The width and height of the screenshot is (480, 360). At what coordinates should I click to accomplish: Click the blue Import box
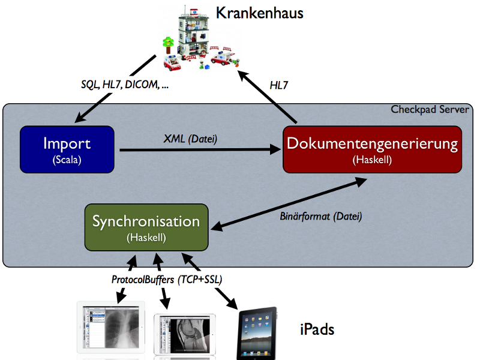coord(67,149)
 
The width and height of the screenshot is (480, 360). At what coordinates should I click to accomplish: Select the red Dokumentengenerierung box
coord(372,149)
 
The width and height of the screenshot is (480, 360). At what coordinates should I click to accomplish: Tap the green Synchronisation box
coord(146,227)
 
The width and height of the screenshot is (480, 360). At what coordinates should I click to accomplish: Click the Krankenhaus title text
coord(259,13)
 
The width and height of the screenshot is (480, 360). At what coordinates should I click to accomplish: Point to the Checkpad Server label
coord(430,110)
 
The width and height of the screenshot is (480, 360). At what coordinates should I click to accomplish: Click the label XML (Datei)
coord(190,139)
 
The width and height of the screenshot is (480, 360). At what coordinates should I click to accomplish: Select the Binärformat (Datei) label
coord(321,217)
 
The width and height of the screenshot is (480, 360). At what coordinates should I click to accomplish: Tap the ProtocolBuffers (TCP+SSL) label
coord(167,280)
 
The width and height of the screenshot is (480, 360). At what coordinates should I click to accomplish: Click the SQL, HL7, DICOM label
coord(125,84)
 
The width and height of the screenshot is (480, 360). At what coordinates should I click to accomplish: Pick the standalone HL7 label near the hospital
coord(279,85)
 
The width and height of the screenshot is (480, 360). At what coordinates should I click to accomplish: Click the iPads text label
coord(317,329)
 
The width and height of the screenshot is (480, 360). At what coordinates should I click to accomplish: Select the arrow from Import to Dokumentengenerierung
coord(200,149)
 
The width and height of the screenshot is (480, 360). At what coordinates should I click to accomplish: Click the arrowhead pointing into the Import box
coord(80,118)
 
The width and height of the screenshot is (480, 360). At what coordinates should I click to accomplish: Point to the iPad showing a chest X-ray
coord(111,328)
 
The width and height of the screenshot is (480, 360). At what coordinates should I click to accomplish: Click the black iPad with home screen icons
coord(257,333)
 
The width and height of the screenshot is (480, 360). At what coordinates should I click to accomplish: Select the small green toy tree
coord(168,46)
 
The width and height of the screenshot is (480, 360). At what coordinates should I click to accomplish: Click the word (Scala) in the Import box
coord(67,160)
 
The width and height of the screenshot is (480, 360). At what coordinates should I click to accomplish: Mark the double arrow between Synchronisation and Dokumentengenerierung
coord(289,204)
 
